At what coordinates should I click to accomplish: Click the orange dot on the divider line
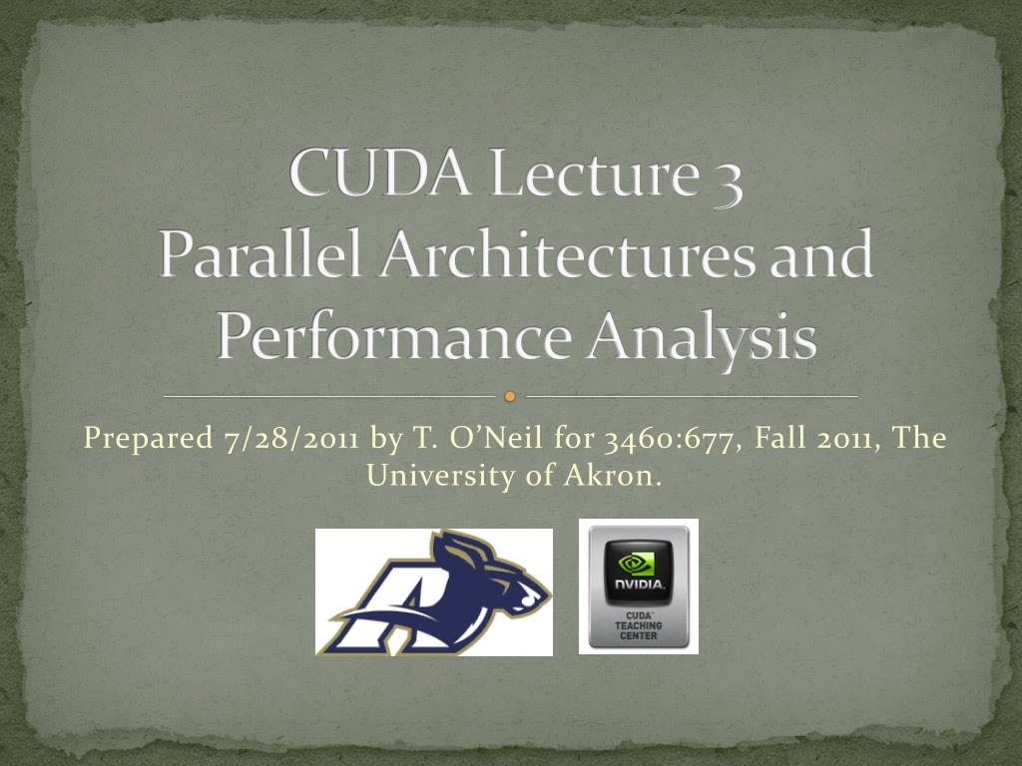tap(510, 397)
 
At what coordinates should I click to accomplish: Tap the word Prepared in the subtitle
tap(146, 439)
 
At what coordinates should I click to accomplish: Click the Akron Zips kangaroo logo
tap(434, 591)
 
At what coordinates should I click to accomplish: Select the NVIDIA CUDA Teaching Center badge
tap(639, 586)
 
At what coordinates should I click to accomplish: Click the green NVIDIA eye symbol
tap(639, 563)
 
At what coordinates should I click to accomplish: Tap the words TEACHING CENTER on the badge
tap(639, 630)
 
